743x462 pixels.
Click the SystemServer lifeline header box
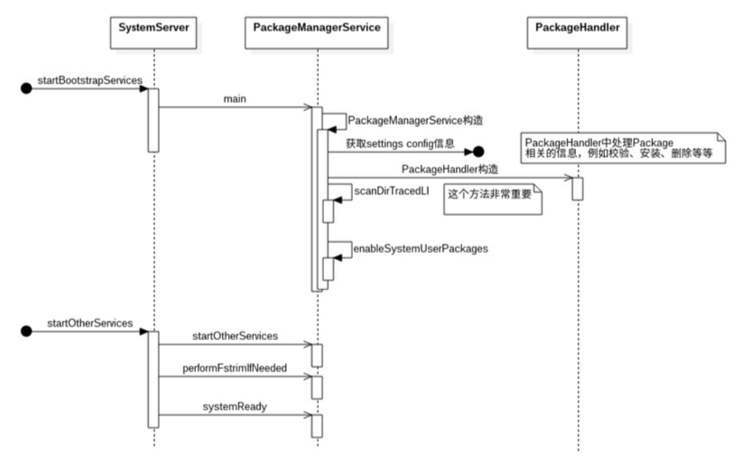click(x=153, y=32)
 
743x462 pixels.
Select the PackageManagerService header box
click(x=317, y=32)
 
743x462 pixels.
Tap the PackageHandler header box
click(x=577, y=32)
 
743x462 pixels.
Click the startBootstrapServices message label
click(x=90, y=80)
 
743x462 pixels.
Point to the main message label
click(x=235, y=99)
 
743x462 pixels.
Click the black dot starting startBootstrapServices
click(x=26, y=88)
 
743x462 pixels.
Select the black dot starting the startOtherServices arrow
click(x=26, y=331)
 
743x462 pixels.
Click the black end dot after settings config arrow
click(x=478, y=152)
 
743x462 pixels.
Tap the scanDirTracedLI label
click(x=392, y=191)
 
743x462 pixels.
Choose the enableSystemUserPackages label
click(x=421, y=248)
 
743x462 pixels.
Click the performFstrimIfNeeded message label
click(x=235, y=368)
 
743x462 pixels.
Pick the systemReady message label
click(x=235, y=407)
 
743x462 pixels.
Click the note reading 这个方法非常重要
click(x=493, y=199)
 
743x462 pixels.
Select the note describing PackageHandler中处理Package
click(x=623, y=148)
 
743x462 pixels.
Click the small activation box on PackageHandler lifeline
click(x=578, y=189)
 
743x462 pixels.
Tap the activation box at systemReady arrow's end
click(x=317, y=426)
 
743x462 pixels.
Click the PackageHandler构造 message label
click(x=450, y=169)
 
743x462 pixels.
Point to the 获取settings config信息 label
click(x=400, y=143)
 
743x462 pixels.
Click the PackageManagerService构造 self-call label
click(x=415, y=120)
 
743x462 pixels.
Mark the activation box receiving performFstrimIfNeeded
click(x=317, y=388)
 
